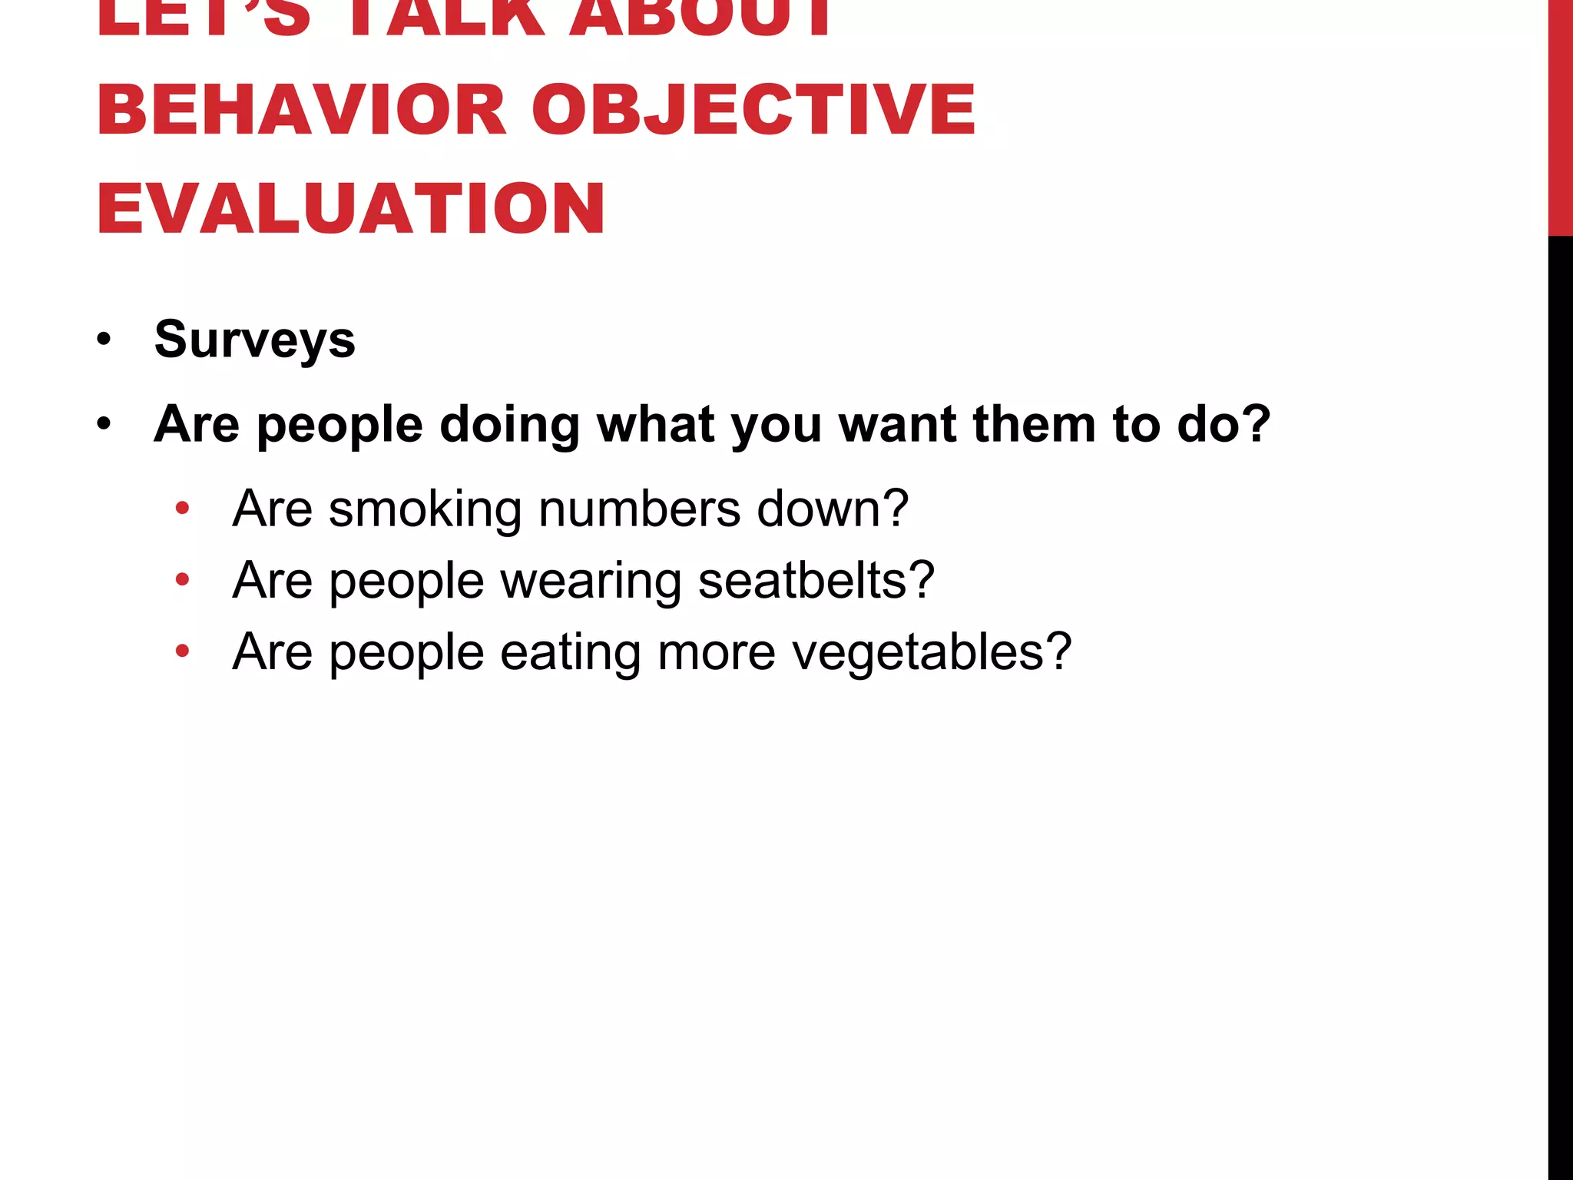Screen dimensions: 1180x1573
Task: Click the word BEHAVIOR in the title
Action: tap(301, 110)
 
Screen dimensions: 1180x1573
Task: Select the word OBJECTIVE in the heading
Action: tap(753, 110)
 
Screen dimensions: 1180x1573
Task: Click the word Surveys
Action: tap(254, 340)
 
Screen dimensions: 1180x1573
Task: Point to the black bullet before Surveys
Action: tap(104, 339)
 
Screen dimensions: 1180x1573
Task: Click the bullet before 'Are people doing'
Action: tap(104, 423)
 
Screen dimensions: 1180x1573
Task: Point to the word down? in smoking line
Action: tap(833, 509)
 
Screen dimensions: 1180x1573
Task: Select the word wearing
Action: tap(591, 581)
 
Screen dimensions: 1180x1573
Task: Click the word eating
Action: tap(570, 652)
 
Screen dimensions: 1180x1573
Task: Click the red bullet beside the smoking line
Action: tap(182, 507)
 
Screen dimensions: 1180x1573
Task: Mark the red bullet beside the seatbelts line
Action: tap(182, 578)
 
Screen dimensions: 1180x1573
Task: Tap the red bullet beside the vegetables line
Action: tap(182, 651)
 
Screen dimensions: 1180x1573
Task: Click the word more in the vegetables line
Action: tap(717, 652)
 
